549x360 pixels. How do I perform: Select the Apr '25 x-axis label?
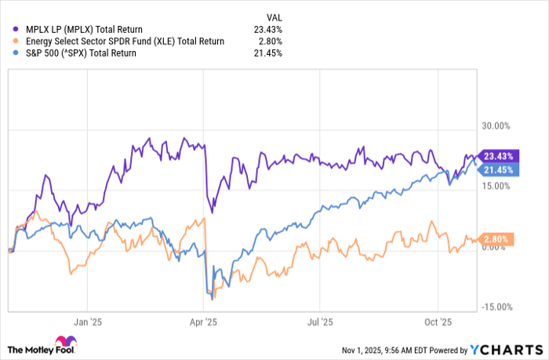coord(204,322)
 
